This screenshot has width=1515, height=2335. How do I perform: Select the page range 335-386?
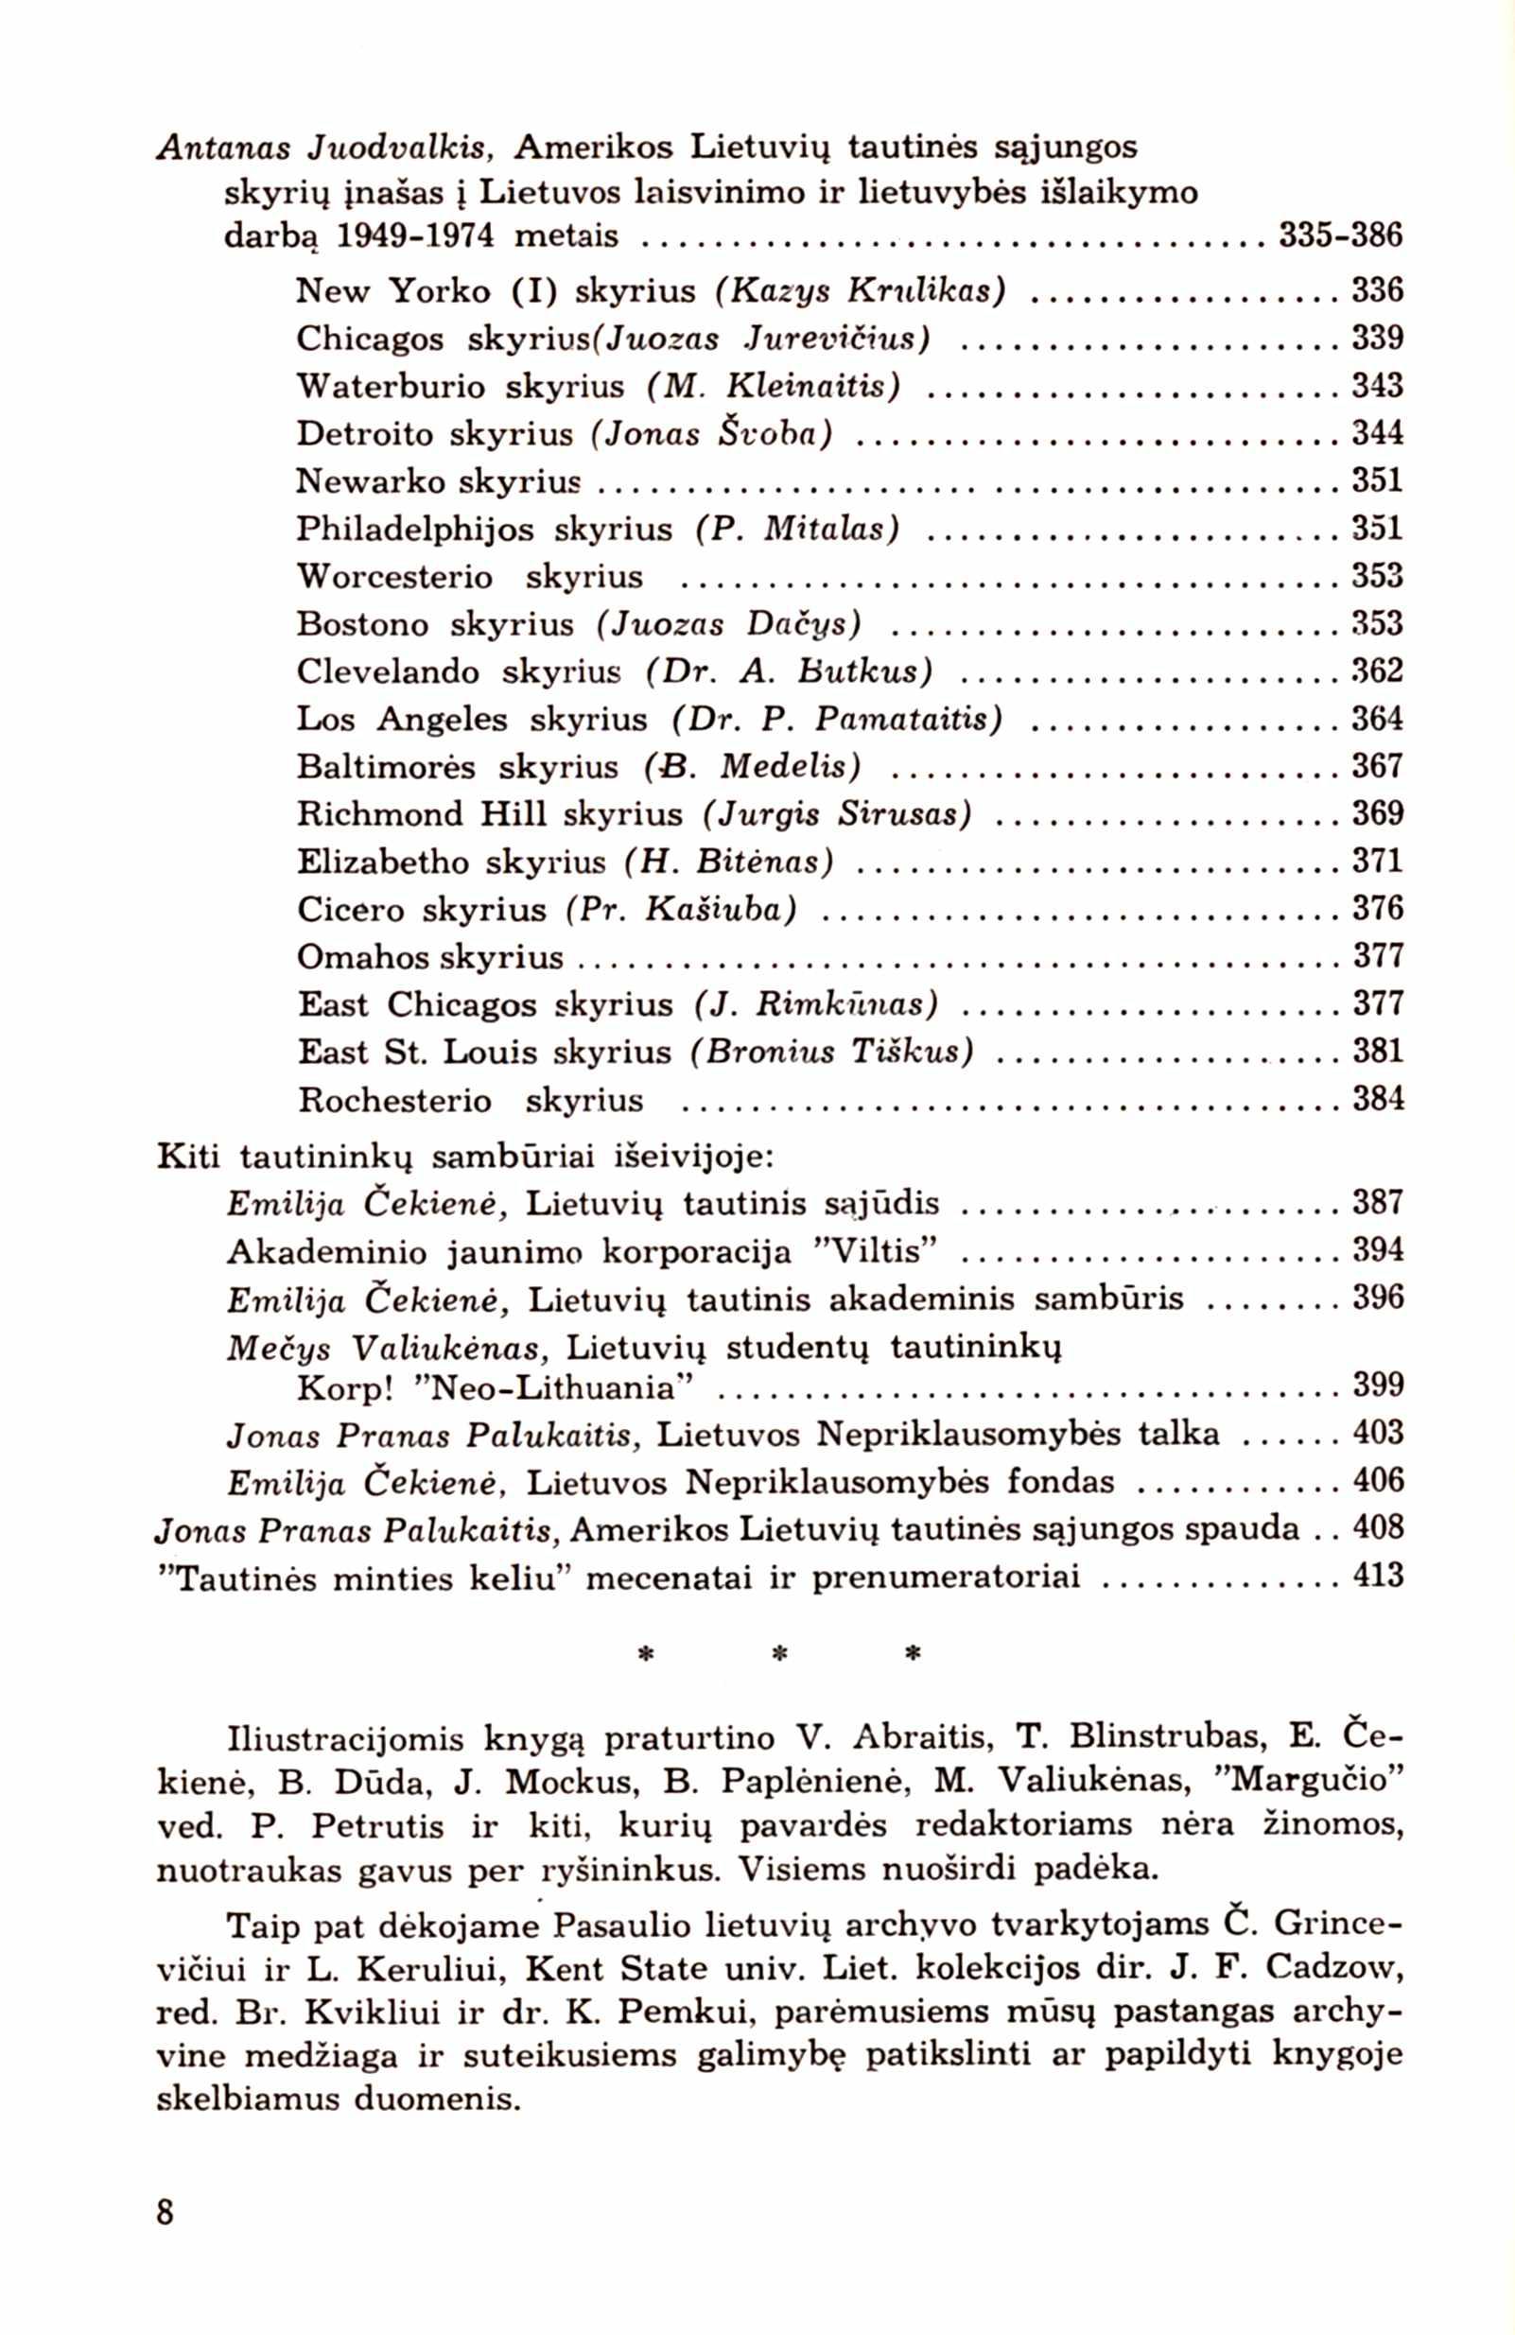click(1341, 236)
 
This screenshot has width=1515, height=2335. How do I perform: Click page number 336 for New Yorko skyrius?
click(1378, 290)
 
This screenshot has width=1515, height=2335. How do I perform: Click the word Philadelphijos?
click(416, 531)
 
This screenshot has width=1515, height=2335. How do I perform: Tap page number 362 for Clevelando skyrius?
click(1378, 672)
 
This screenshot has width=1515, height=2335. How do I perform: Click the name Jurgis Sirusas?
click(838, 815)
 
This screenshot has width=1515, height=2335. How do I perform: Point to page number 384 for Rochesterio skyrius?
click(1378, 1098)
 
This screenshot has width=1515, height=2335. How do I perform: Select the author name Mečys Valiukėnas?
click(387, 1348)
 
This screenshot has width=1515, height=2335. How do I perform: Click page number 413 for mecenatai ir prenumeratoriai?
click(1378, 1577)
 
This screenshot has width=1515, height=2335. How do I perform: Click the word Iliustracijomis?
click(344, 1739)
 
